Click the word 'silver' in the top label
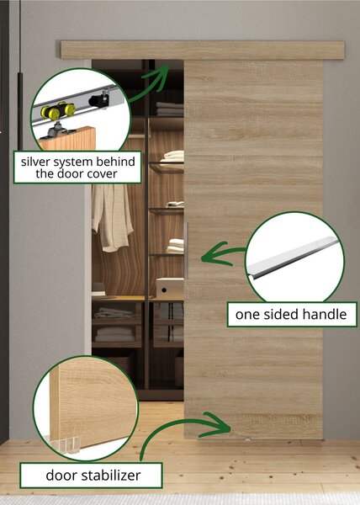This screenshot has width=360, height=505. coord(35,162)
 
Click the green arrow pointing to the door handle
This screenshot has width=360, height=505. coord(223,254)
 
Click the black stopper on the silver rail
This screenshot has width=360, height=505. coord(99,99)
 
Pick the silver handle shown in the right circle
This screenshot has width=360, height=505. coord(294,258)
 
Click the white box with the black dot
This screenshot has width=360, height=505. coord(170,289)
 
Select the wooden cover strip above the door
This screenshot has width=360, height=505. coord(203,50)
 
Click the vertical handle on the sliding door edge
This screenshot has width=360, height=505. coord(186,251)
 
